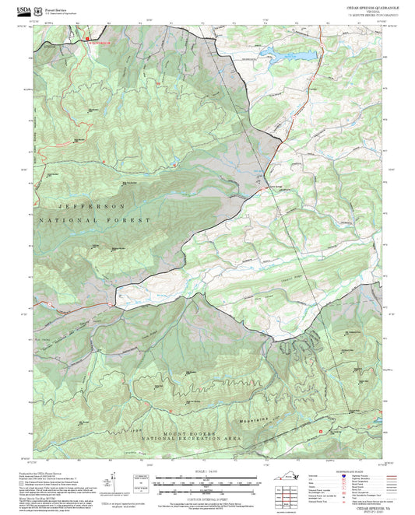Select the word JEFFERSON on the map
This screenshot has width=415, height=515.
point(81,206)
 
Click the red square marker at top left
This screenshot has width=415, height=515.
point(87,38)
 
